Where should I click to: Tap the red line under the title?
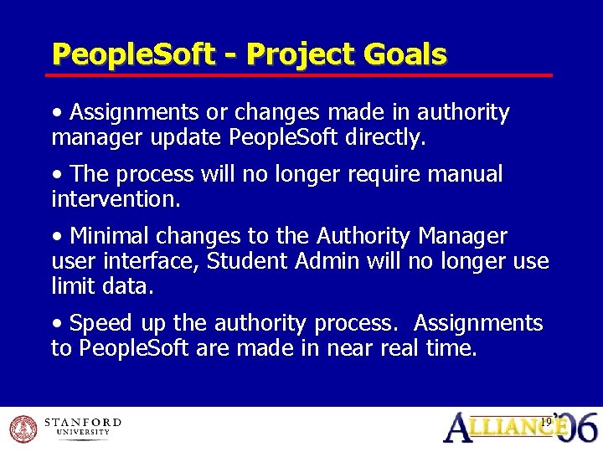301,75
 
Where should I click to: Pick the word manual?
463,174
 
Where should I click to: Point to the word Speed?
100,323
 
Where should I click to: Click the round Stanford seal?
24,429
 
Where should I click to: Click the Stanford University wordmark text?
82,427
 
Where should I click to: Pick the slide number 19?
545,422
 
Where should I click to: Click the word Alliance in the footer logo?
502,427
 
